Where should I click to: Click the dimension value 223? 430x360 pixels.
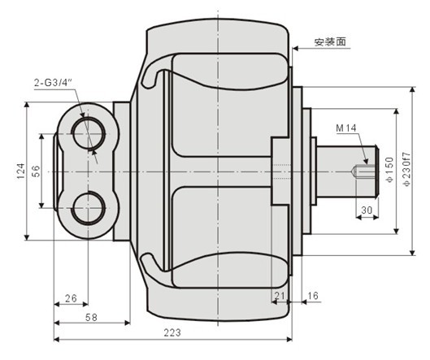click(172, 332)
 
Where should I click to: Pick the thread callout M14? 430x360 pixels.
click(347, 128)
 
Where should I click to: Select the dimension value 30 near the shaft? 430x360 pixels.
click(368, 210)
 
